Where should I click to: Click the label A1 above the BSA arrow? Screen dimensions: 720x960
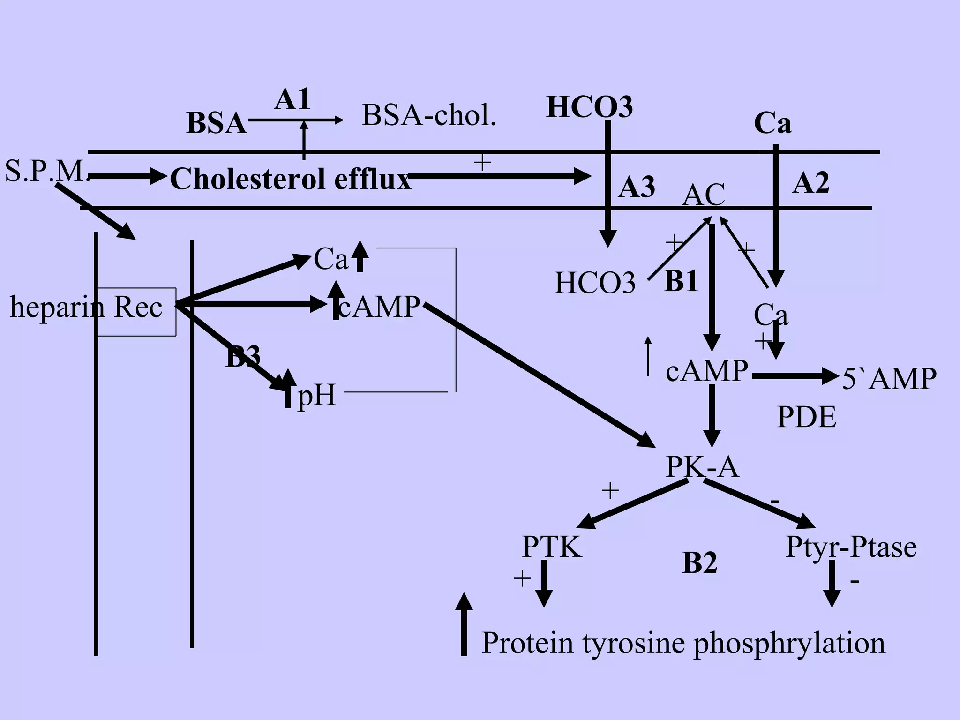coord(292,100)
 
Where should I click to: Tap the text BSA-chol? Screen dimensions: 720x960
coord(428,115)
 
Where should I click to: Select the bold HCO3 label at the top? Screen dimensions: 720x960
coord(590,107)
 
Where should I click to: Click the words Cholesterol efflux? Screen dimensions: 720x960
coord(290,179)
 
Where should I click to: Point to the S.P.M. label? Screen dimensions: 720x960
coord(46,171)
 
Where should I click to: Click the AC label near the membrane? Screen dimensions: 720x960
coord(703,195)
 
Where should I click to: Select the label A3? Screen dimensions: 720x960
coord(637,187)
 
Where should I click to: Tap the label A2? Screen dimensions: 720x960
coord(811,183)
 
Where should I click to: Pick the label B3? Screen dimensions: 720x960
coord(243,358)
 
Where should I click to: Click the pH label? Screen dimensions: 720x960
coord(317,395)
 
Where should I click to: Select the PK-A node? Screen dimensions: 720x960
coord(702,467)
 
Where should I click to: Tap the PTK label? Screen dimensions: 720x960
coord(552,547)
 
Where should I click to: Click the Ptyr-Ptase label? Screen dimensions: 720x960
coord(851,547)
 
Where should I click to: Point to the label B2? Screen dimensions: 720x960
coord(699,563)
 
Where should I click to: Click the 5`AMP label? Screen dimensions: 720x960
coord(889,378)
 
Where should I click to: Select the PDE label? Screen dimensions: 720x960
coord(806,417)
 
